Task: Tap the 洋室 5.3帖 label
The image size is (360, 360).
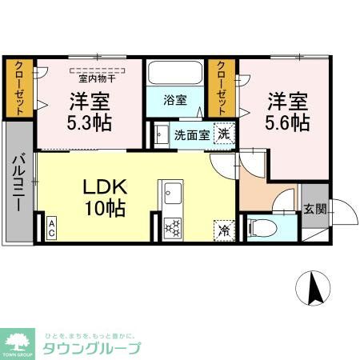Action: click(x=89, y=112)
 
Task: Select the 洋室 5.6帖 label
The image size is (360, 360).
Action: click(x=286, y=112)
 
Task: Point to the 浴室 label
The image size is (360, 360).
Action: click(x=175, y=101)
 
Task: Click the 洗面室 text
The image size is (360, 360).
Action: click(x=192, y=134)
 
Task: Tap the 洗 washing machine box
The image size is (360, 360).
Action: click(x=226, y=134)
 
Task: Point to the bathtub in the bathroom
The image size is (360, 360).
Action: click(x=175, y=76)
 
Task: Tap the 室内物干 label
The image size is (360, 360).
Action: click(x=97, y=78)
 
